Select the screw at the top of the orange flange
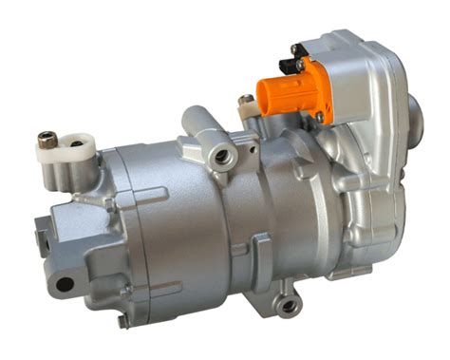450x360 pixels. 303,65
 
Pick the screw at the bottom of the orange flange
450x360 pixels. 320,118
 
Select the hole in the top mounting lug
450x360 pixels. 222,156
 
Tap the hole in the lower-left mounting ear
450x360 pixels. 65,283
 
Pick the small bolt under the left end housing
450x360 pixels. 122,320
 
